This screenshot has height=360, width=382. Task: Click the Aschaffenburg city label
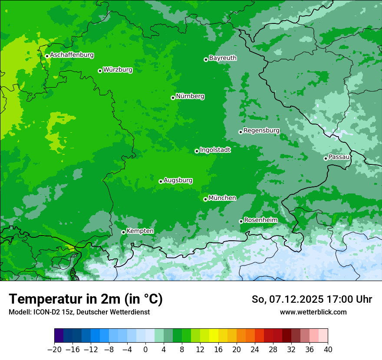[x=72, y=55]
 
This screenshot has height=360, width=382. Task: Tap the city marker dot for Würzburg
[x=100, y=71]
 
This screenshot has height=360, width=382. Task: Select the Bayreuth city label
[x=223, y=58]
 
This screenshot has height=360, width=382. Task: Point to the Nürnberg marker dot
[x=173, y=98]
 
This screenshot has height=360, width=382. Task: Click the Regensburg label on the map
[x=261, y=130]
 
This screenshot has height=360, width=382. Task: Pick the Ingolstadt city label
[x=215, y=150]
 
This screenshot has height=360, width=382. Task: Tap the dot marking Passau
[x=326, y=158]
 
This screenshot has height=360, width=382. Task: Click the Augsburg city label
[x=178, y=180]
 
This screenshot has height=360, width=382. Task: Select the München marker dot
[x=205, y=200]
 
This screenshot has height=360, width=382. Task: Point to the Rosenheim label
[x=260, y=220]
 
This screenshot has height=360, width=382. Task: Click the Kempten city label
[x=140, y=231]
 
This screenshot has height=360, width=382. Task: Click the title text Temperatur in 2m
[x=86, y=299]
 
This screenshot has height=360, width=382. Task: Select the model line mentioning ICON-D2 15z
[x=79, y=312]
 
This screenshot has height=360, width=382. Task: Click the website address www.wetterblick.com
[x=313, y=312]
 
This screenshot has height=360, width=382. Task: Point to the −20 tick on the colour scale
[x=54, y=350]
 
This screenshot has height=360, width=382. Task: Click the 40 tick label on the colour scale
[x=328, y=350]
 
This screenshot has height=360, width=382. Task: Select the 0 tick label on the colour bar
[x=145, y=350]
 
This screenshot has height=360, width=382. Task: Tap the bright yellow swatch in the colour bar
[x=214, y=336]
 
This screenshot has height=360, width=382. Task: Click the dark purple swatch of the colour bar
[x=59, y=336]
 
